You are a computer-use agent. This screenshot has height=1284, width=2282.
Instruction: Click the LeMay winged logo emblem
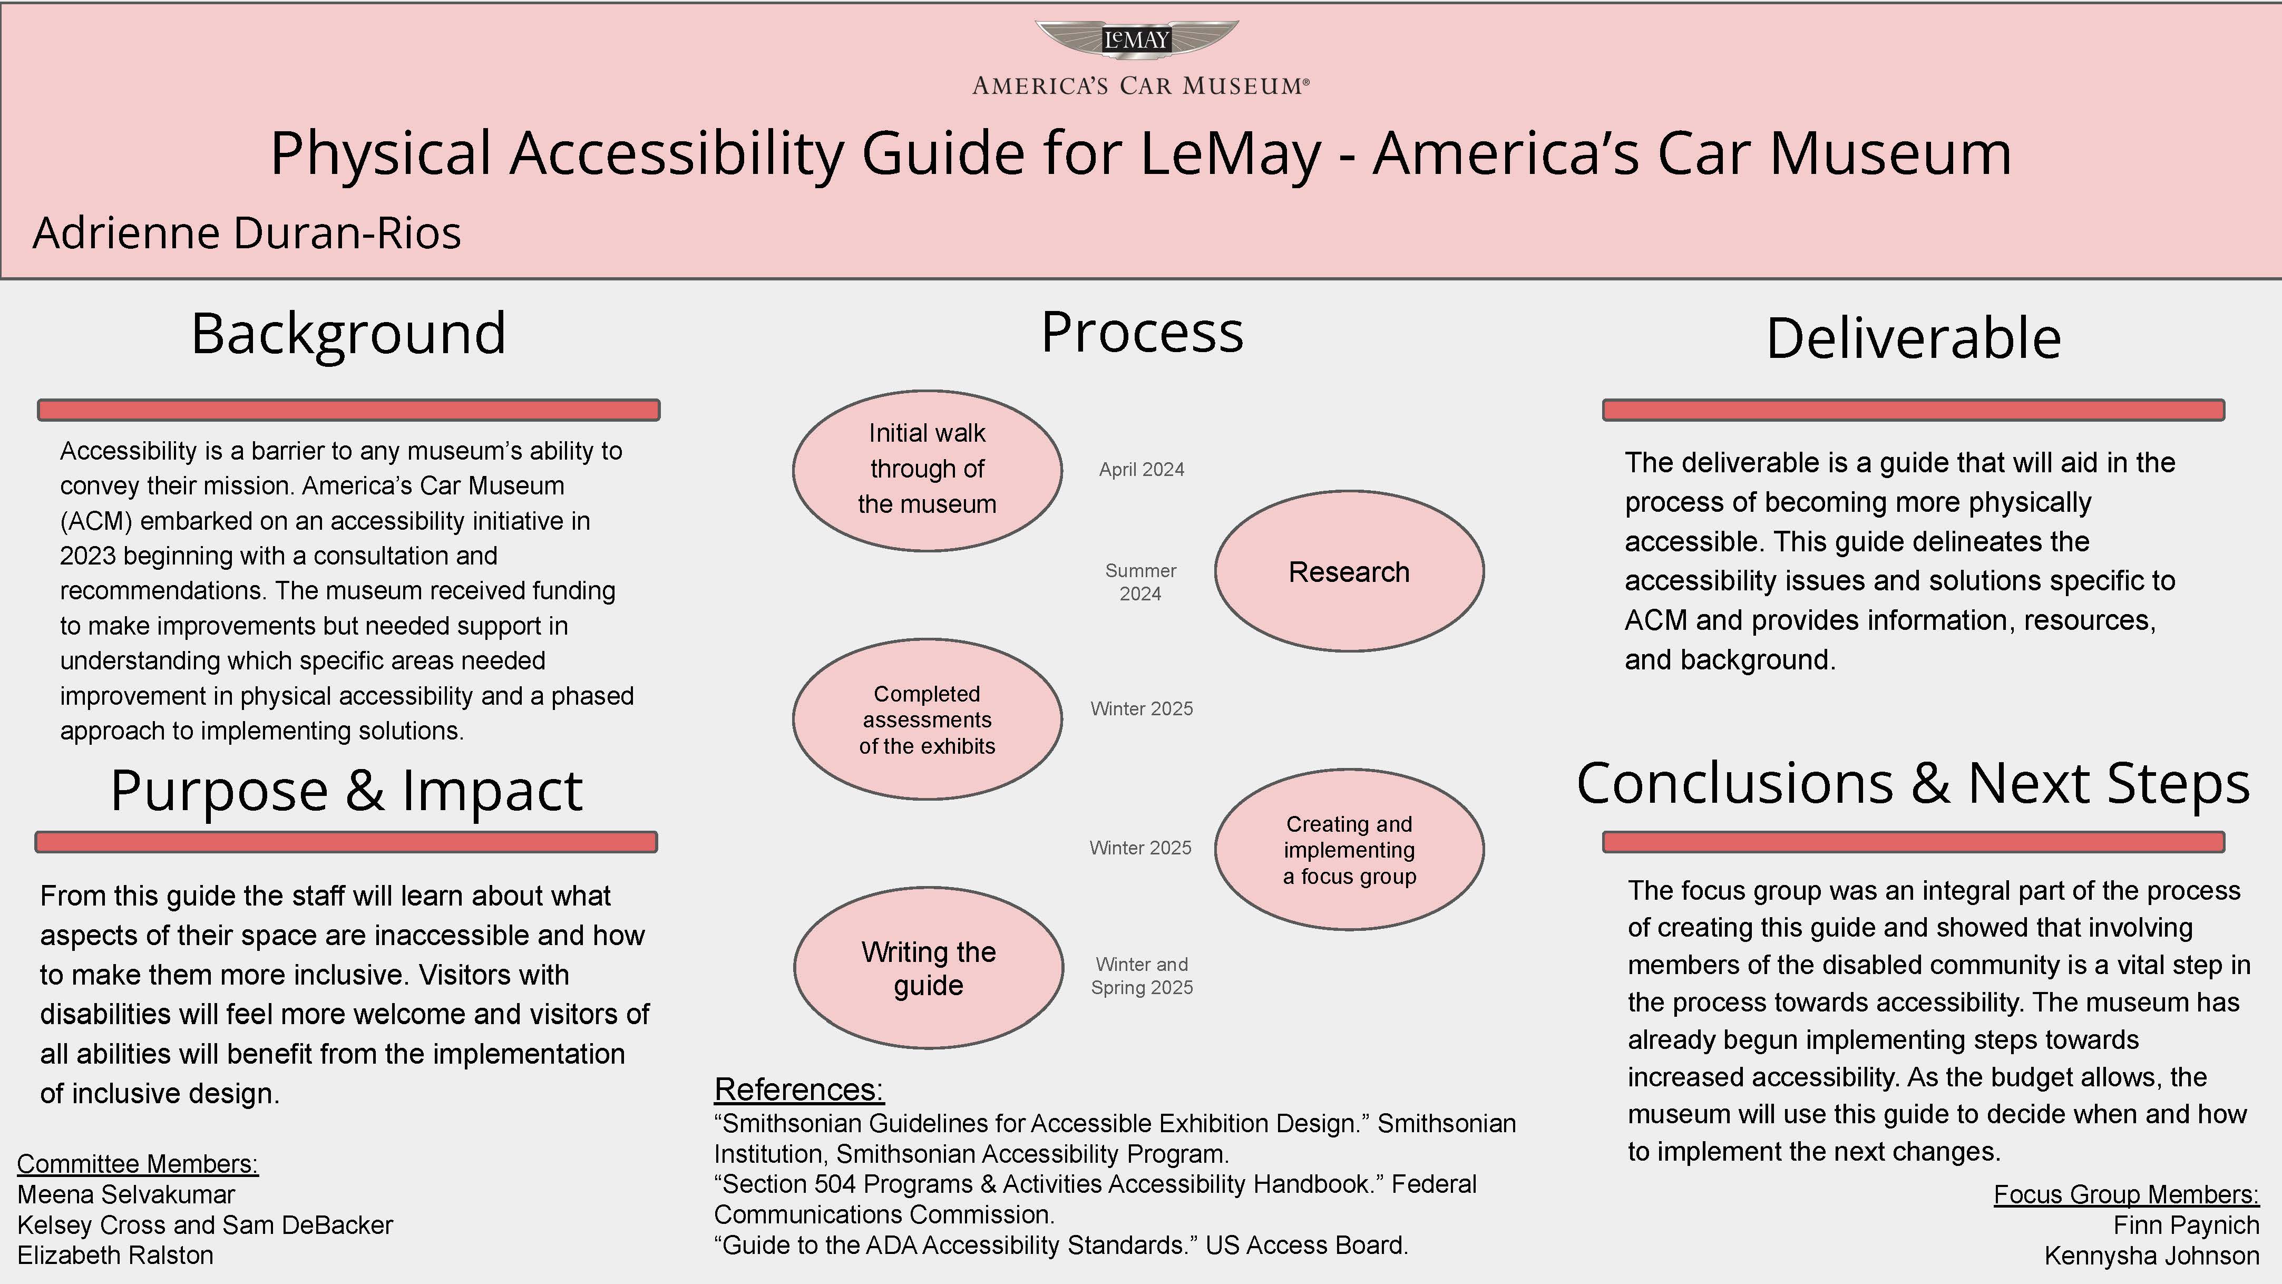(x=1137, y=40)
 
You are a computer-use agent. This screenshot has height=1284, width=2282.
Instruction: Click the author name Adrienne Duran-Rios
(x=247, y=233)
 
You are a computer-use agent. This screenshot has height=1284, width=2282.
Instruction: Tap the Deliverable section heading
(x=1914, y=338)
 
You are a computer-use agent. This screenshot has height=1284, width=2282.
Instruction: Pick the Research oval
(x=1348, y=571)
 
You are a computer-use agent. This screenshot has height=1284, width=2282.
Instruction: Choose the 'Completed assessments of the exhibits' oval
(x=927, y=719)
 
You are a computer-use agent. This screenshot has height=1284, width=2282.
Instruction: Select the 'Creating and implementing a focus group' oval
(x=1348, y=850)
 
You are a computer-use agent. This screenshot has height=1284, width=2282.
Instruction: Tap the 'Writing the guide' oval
(x=929, y=969)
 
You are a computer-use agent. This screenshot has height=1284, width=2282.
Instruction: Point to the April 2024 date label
(x=1141, y=470)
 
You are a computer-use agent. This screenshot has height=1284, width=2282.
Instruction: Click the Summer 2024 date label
(x=1140, y=582)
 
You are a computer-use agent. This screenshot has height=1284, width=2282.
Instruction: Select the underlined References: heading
(x=799, y=1089)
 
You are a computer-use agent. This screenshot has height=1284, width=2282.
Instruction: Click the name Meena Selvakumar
(x=126, y=1194)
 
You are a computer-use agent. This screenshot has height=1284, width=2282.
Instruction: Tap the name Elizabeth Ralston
(x=115, y=1256)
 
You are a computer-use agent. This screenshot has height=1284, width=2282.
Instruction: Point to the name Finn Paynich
(x=2186, y=1225)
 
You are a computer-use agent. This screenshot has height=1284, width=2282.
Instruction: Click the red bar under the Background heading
(x=348, y=410)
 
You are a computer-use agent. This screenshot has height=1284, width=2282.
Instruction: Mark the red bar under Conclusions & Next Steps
(x=1914, y=842)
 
